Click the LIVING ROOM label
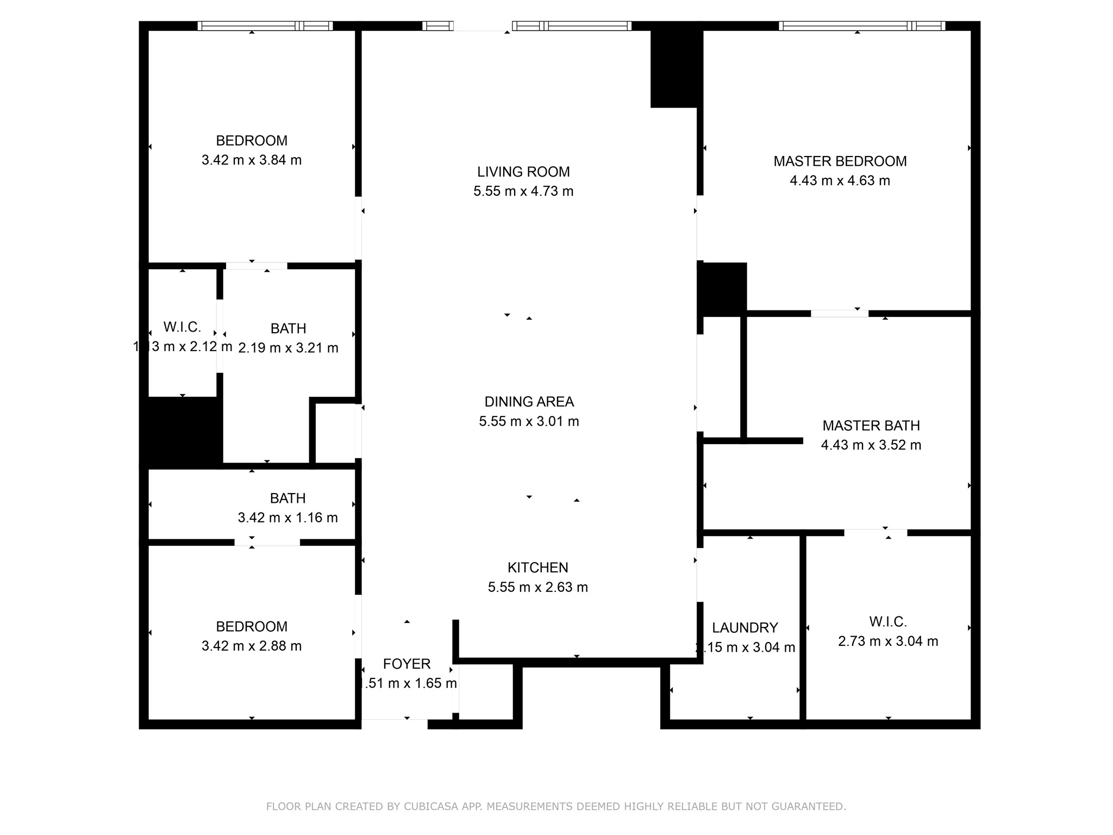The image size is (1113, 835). [x=523, y=172]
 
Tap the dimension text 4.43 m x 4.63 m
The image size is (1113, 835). [x=840, y=180]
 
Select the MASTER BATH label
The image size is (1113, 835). [x=871, y=426]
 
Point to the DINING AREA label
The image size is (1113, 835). [x=529, y=402]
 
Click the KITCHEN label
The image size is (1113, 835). [x=537, y=568]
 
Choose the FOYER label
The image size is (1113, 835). [x=407, y=664]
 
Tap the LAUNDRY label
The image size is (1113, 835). [x=745, y=628]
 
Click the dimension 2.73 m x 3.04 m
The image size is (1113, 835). [x=887, y=641]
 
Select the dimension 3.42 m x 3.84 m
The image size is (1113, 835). [x=251, y=160]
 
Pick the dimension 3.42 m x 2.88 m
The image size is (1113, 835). [x=251, y=646]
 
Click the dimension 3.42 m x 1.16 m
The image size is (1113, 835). [x=287, y=518]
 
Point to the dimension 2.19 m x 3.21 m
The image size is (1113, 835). [x=288, y=348]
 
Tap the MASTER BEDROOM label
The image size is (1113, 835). [x=840, y=161]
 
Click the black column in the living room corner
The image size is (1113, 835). [x=674, y=68]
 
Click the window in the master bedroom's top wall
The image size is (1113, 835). [x=861, y=26]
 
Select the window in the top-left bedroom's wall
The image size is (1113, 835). [x=265, y=26]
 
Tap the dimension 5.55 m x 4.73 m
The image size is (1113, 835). [x=523, y=191]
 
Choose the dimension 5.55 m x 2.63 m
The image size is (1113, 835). [x=537, y=587]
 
